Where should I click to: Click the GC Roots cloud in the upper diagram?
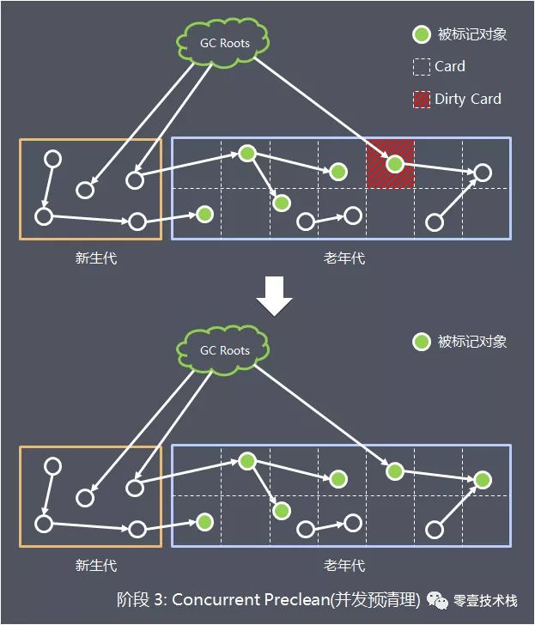pos(224,42)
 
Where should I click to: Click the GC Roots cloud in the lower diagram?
pos(224,349)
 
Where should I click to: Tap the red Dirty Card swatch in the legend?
pos(421,99)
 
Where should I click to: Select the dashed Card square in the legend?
pos(421,66)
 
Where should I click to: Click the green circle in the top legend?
pos(421,34)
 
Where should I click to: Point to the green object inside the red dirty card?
pos(394,163)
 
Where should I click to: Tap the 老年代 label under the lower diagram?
pos(343,565)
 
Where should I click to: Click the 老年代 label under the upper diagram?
pos(343,257)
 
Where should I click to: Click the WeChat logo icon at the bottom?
pos(440,600)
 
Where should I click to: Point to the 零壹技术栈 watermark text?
pos(485,600)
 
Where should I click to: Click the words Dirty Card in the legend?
pos(467,99)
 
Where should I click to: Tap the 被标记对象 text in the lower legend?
pos(471,342)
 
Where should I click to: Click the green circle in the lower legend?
pos(421,342)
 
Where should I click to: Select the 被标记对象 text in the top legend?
pos(471,34)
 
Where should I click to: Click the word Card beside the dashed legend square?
pos(449,66)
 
